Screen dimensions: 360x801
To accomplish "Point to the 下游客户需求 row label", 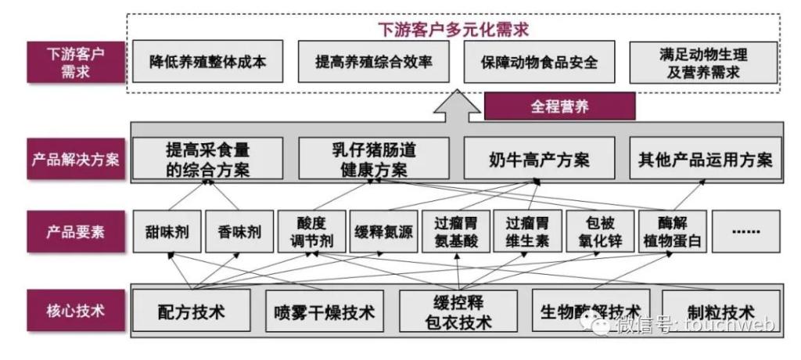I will coord(75,63).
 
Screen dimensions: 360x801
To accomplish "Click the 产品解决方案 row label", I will coord(75,159).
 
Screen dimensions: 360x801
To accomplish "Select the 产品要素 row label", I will coord(75,232).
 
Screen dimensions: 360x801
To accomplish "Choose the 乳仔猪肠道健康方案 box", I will coord(374,159).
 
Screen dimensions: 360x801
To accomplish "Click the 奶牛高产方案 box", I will coord(539,159).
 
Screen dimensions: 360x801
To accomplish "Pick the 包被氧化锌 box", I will coord(598,232).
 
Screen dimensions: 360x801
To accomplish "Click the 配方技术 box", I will coord(192,311).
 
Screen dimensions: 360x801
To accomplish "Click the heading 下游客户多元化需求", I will coord(453,31).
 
